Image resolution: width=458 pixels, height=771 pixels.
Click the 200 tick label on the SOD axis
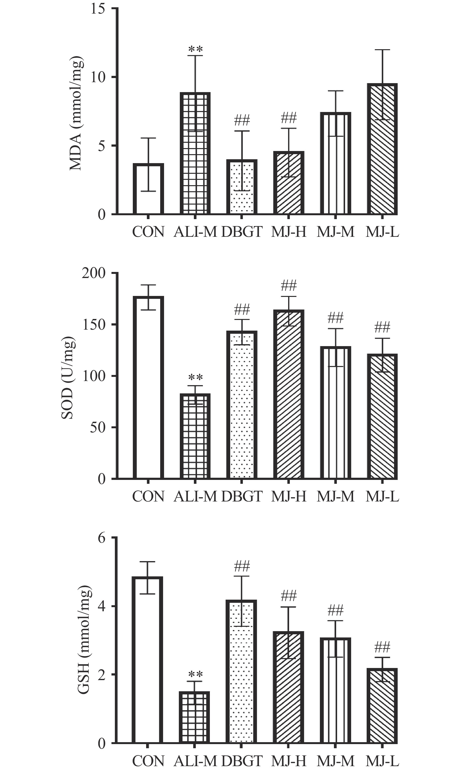tap(94, 273)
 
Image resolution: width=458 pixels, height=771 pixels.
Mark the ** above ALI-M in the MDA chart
tap(195, 49)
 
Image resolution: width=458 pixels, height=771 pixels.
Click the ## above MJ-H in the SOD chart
tap(289, 286)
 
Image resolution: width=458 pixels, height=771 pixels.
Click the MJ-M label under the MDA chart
tap(335, 232)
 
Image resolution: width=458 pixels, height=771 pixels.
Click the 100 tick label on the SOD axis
tap(94, 376)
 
